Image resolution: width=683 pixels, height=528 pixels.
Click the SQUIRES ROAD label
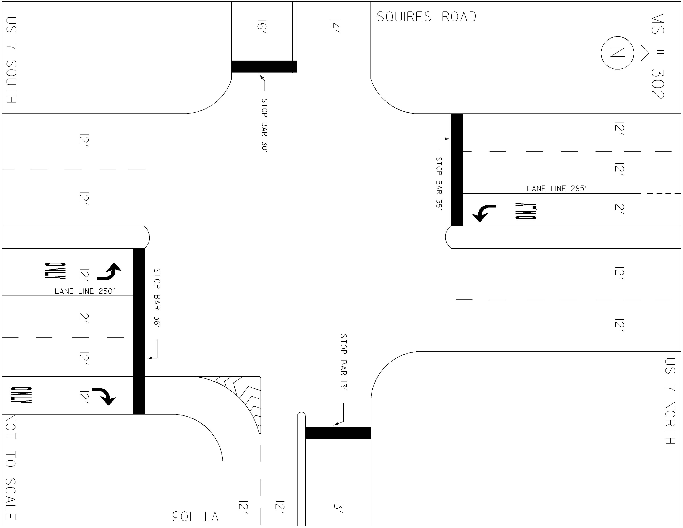pos(426,17)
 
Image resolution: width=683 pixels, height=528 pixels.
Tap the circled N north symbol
pos(617,53)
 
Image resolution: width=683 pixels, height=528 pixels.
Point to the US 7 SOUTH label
pos(11,60)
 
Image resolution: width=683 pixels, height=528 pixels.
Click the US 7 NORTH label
pos(670,401)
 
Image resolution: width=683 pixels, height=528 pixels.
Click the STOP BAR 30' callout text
pos(265,125)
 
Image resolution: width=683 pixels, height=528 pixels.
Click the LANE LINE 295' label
pos(557,188)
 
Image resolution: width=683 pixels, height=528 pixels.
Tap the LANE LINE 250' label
pos(85,291)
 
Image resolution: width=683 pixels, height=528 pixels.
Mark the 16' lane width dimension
pos(262,25)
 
